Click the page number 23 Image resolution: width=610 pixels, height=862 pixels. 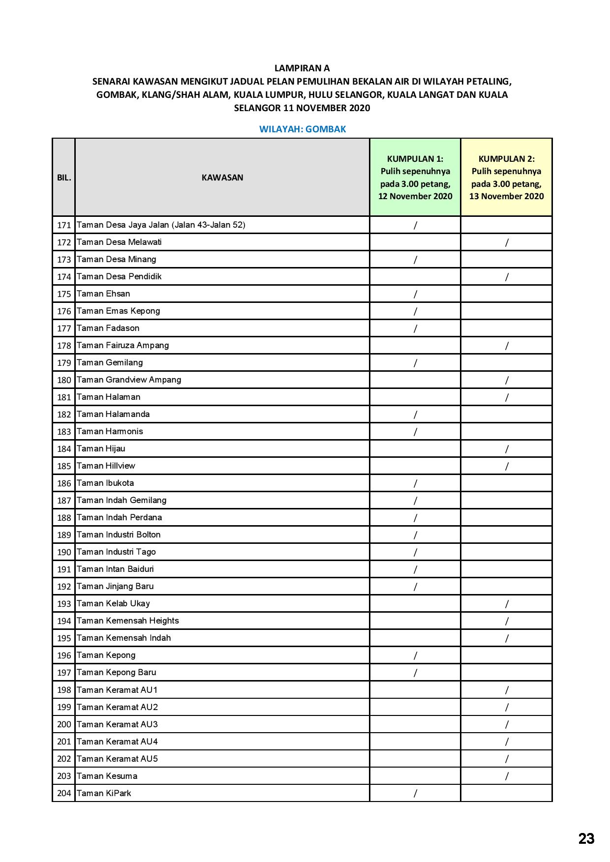click(x=586, y=839)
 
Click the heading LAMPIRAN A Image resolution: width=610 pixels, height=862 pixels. click(x=302, y=68)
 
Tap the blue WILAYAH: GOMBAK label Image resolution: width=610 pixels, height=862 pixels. click(x=303, y=129)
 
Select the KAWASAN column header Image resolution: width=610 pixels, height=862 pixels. click(x=222, y=178)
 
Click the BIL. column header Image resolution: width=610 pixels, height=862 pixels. click(x=64, y=178)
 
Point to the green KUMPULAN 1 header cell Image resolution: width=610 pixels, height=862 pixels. click(x=415, y=178)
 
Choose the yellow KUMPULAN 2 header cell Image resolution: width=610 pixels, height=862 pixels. click(x=506, y=178)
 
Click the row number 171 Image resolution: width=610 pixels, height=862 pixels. click(x=64, y=225)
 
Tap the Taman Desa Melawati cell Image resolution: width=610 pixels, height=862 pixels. click(x=119, y=242)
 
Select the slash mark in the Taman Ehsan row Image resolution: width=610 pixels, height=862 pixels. click(x=415, y=294)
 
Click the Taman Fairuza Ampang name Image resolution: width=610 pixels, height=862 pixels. click(x=122, y=345)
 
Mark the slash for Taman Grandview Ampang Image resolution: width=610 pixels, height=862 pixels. click(x=507, y=380)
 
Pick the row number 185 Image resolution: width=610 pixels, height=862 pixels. click(x=64, y=466)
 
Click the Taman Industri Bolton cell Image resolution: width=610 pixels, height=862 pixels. click(x=119, y=535)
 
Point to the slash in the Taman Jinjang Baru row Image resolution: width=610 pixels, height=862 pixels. click(x=415, y=587)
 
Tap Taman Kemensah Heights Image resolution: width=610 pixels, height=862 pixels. click(x=127, y=621)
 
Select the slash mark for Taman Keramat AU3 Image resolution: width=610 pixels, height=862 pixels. click(x=507, y=724)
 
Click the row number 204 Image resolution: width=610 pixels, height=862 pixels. click(x=64, y=793)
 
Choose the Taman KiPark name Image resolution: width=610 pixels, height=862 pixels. click(x=104, y=793)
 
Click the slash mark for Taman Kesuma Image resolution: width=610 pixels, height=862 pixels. click(x=507, y=776)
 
